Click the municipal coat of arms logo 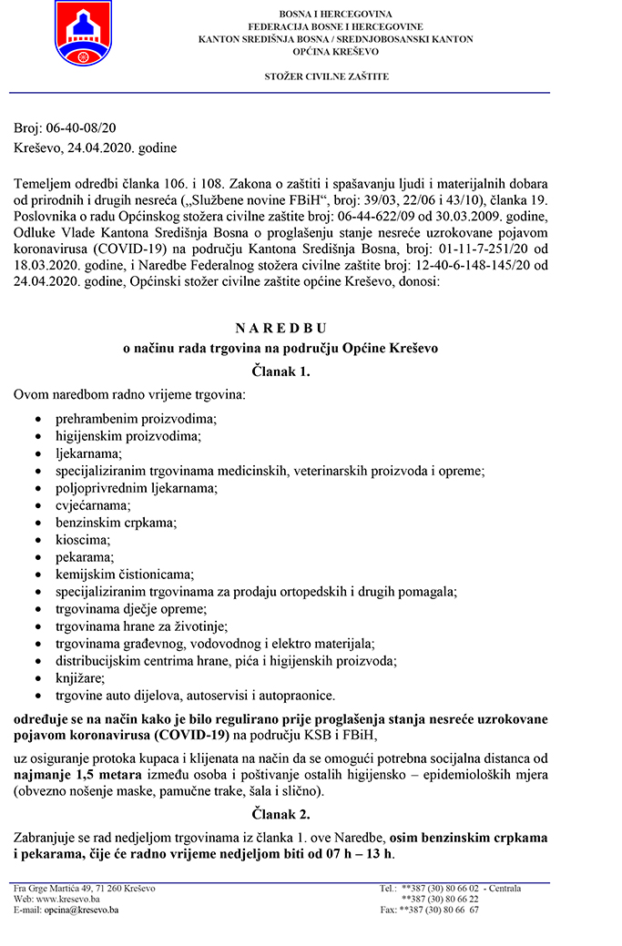tap(83, 32)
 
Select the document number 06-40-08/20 tap(75, 130)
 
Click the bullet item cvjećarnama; tap(92, 505)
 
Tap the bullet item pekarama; tap(85, 557)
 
